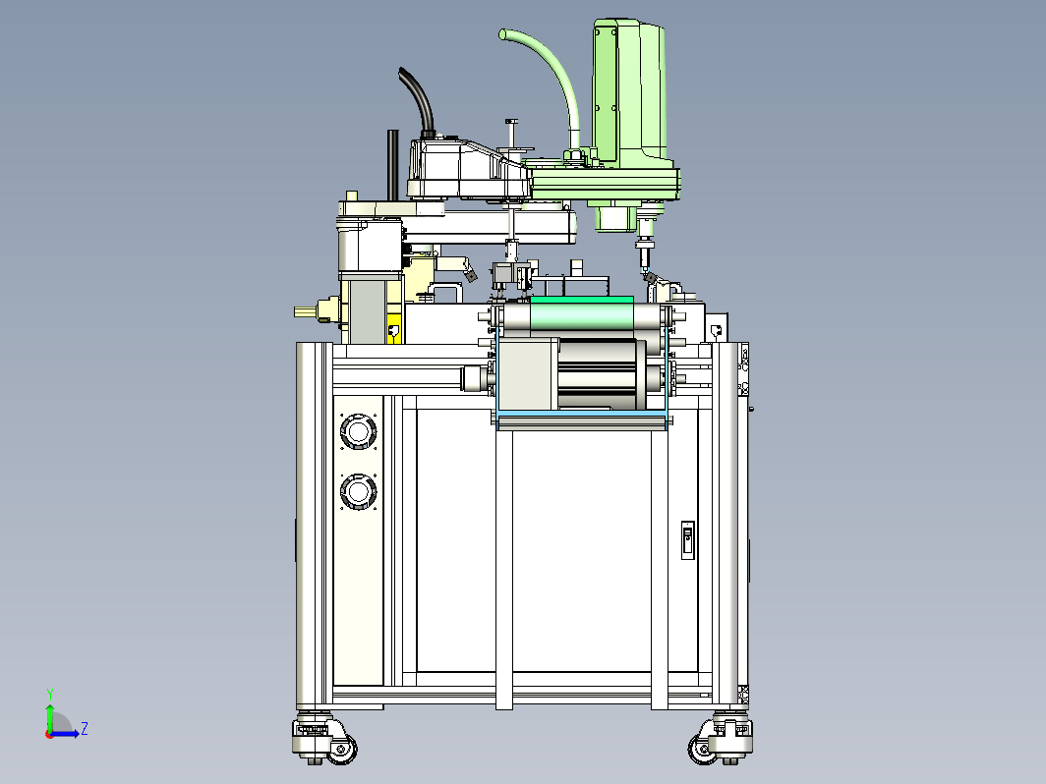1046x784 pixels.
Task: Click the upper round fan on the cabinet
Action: [358, 431]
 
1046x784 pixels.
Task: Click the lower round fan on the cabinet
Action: [358, 492]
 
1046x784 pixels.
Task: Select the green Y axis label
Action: [50, 695]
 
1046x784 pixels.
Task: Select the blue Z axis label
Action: [85, 728]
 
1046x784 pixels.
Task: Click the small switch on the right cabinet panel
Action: [688, 540]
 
